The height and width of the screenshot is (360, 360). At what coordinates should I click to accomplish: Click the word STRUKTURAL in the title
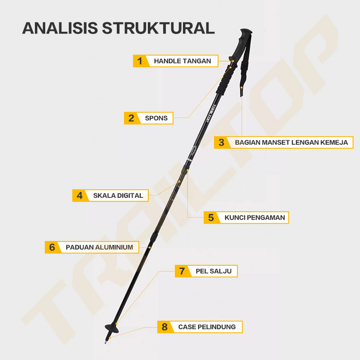(x=158, y=28)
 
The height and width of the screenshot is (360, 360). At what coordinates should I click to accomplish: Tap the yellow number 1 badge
(x=140, y=61)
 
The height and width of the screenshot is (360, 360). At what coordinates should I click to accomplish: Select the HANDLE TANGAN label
(x=182, y=61)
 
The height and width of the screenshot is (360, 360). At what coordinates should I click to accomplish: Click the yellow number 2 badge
(x=131, y=118)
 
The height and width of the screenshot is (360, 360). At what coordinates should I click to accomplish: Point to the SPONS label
(x=156, y=118)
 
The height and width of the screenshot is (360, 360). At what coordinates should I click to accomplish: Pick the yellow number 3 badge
(x=221, y=142)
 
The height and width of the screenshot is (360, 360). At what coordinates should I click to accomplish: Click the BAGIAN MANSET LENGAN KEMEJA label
(x=292, y=142)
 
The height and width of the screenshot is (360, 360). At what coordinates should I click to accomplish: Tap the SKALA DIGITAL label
(x=118, y=195)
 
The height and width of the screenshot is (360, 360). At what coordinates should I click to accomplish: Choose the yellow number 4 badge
(x=79, y=195)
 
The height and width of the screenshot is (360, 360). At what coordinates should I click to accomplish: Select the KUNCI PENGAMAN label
(x=255, y=217)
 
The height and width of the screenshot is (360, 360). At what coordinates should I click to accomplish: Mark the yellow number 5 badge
(x=211, y=217)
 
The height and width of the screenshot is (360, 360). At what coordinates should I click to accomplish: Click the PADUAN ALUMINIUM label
(x=99, y=247)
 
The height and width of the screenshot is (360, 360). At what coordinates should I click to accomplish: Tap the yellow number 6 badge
(x=52, y=247)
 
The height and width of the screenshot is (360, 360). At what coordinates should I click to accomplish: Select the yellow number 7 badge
(x=182, y=271)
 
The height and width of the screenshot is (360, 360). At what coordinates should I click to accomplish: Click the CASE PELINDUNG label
(x=207, y=327)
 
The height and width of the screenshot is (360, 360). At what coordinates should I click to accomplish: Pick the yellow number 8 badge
(x=165, y=327)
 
